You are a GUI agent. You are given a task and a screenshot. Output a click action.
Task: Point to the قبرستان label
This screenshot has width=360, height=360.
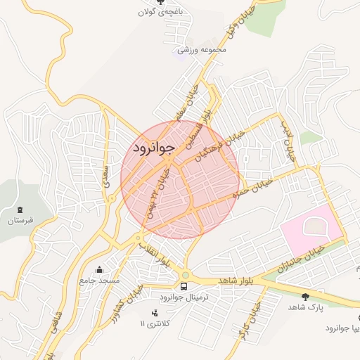[21, 221]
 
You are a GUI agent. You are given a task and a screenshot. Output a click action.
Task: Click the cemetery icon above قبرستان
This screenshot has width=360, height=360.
[21, 210]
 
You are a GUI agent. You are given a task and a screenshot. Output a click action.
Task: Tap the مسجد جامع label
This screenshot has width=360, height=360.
[100, 280]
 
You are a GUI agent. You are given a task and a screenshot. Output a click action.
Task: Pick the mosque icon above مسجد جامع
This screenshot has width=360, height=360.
[100, 269]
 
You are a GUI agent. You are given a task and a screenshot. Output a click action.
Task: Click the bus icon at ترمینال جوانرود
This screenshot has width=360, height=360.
[184, 286]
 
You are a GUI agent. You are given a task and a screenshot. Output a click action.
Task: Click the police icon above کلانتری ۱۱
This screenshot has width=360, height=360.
[154, 312]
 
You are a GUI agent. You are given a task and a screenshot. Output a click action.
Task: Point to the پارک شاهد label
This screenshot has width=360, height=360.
[304, 308]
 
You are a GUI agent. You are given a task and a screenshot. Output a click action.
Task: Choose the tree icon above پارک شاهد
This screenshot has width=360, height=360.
[304, 297]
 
